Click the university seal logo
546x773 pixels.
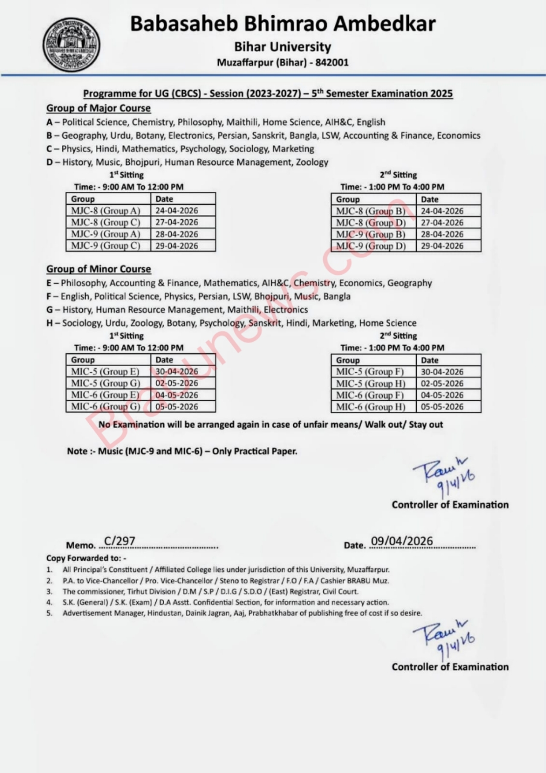71,44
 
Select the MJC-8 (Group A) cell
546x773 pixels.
106,211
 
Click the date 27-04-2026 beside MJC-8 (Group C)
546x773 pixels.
177,222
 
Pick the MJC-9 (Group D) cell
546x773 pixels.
371,246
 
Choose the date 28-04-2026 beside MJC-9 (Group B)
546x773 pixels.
442,234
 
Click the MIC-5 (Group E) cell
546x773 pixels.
105,372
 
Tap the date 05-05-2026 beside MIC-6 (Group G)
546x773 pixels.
177,407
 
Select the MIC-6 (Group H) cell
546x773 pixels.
371,407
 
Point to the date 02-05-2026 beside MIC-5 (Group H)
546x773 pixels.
442,383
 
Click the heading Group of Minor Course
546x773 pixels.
98,269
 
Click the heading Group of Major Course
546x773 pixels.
98,109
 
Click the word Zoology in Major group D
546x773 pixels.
312,162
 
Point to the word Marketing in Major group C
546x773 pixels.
293,149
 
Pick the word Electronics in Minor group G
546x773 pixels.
286,310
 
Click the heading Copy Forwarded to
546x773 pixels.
86,558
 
